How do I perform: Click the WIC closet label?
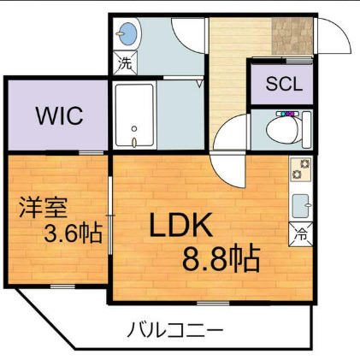59,116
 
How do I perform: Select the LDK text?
182,226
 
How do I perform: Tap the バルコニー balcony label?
177,328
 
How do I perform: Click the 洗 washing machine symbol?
126,62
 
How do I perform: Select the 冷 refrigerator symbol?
302,231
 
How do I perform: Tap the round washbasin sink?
127,35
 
